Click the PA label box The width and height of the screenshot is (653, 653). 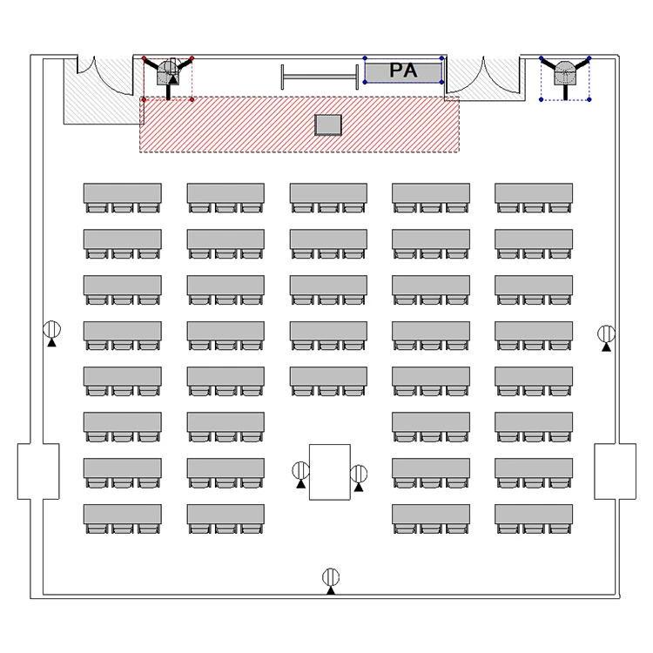tap(403, 71)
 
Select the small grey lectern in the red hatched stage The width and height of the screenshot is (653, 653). tap(328, 125)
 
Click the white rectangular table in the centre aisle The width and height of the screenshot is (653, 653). tap(329, 472)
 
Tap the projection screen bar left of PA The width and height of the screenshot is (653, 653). tap(320, 77)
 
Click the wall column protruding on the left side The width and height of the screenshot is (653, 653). tap(38, 471)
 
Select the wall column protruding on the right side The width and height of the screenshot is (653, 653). tap(615, 471)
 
